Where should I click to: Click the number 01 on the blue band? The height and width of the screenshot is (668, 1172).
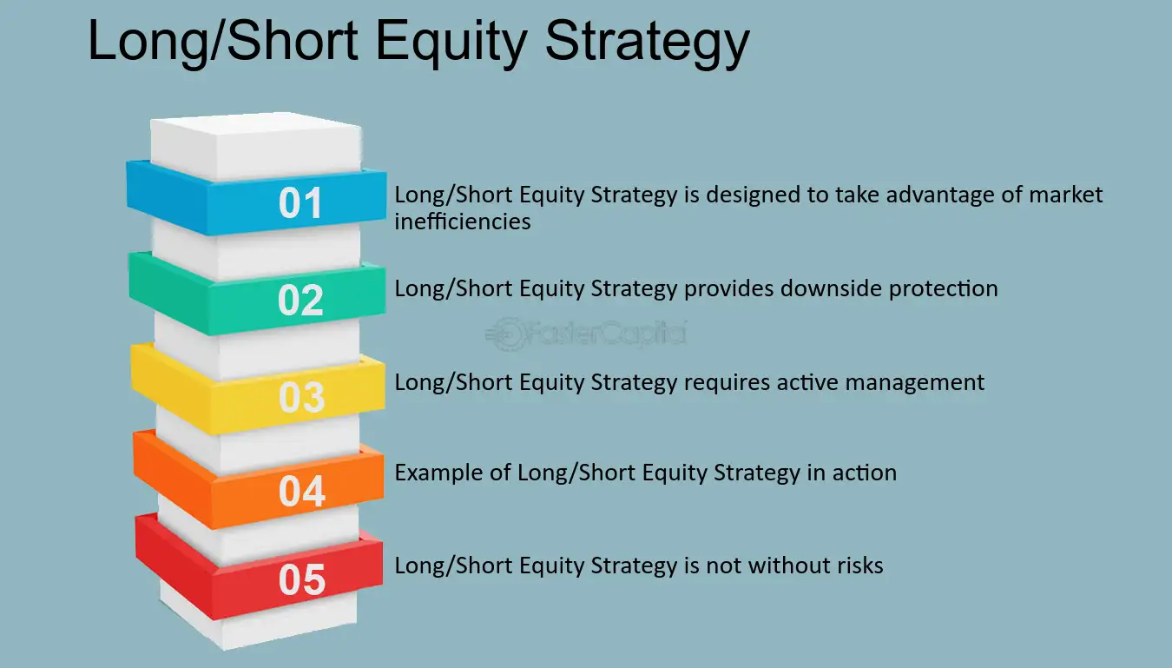(300, 203)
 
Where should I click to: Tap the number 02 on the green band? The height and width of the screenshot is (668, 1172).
(300, 300)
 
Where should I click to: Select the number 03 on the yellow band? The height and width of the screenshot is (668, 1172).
(302, 397)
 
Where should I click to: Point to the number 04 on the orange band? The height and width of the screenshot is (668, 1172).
(302, 491)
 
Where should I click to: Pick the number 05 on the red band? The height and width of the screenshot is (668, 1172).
(302, 580)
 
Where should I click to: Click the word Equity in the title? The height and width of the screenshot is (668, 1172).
(451, 42)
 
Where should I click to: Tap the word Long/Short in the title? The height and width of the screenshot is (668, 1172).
(223, 41)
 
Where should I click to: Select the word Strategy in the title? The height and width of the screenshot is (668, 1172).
(648, 43)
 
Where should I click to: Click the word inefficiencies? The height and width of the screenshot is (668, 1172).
(463, 222)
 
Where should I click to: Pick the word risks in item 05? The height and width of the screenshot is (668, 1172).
(857, 565)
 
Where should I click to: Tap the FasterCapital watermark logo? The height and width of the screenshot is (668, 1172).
(586, 334)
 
